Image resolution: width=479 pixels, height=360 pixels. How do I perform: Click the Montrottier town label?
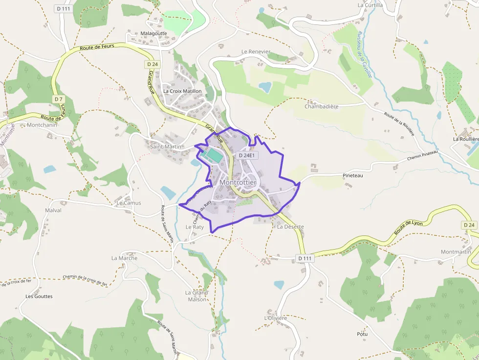tap(238, 182)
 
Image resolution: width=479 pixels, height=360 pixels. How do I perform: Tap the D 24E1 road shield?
tap(247, 155)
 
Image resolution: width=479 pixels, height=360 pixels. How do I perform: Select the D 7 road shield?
tap(59, 99)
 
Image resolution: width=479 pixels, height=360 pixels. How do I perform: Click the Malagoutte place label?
tap(153, 34)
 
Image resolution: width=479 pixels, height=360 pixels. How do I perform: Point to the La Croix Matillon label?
tap(182, 91)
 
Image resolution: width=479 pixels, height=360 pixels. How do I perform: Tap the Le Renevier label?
tap(256, 51)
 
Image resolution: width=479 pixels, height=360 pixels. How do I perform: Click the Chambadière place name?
tap(322, 106)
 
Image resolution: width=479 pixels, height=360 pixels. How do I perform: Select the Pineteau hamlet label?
tap(353, 175)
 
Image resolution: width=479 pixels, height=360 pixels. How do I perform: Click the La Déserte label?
tap(290, 227)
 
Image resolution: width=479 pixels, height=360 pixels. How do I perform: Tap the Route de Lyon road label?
tap(407, 226)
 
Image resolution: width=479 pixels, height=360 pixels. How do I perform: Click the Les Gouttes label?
tap(39, 296)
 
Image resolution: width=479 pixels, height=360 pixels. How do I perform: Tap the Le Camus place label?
tap(129, 203)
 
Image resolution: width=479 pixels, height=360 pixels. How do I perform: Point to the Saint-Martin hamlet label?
tap(165, 147)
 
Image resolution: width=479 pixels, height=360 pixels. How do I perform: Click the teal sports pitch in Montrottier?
tap(212, 156)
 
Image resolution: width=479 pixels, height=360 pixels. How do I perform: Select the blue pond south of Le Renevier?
tap(265, 87)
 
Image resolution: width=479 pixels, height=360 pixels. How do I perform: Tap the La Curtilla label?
tap(370, 5)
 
